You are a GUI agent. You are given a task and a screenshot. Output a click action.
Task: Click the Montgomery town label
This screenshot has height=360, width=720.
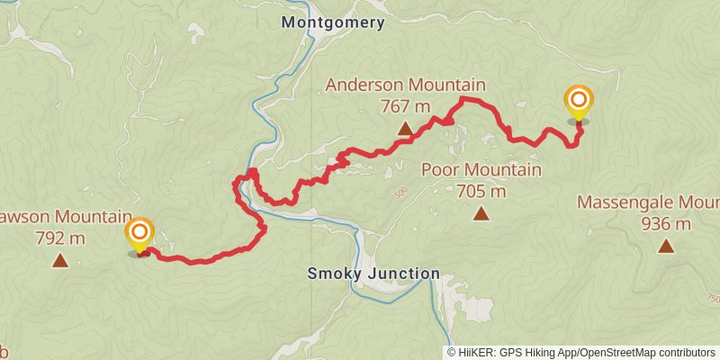(333, 22)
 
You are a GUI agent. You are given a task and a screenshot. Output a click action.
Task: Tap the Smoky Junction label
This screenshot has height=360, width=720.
(373, 273)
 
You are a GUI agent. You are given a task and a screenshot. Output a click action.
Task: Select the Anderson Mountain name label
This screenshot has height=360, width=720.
(405, 85)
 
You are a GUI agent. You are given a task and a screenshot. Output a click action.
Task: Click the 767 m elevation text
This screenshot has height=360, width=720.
(405, 106)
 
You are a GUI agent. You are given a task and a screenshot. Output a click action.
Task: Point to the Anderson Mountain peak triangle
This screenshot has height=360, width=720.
(405, 129)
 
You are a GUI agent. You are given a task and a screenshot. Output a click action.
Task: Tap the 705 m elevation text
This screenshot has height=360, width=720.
(481, 191)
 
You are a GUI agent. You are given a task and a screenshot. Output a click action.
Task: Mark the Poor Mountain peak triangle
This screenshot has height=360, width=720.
(481, 214)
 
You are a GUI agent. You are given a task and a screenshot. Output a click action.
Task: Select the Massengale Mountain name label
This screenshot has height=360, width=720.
(648, 202)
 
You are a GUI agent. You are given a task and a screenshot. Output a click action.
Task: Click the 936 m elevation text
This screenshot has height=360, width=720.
(666, 223)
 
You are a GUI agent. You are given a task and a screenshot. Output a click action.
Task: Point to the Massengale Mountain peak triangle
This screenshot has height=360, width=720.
(666, 246)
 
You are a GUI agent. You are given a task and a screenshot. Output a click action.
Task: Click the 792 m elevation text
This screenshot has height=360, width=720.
(59, 238)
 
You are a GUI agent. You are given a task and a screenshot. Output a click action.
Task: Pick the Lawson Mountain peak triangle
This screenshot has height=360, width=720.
(59, 261)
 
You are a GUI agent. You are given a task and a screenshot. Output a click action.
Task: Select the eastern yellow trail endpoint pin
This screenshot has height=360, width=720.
(579, 103)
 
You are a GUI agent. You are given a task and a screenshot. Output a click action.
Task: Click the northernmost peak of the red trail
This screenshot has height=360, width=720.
(463, 97)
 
